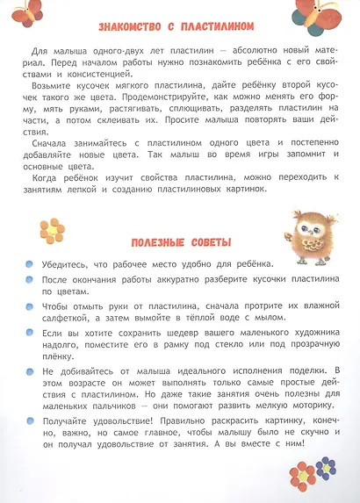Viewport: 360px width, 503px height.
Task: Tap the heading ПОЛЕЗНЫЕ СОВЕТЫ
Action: tap(181, 243)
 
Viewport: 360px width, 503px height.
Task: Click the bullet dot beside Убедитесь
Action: tap(30, 264)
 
